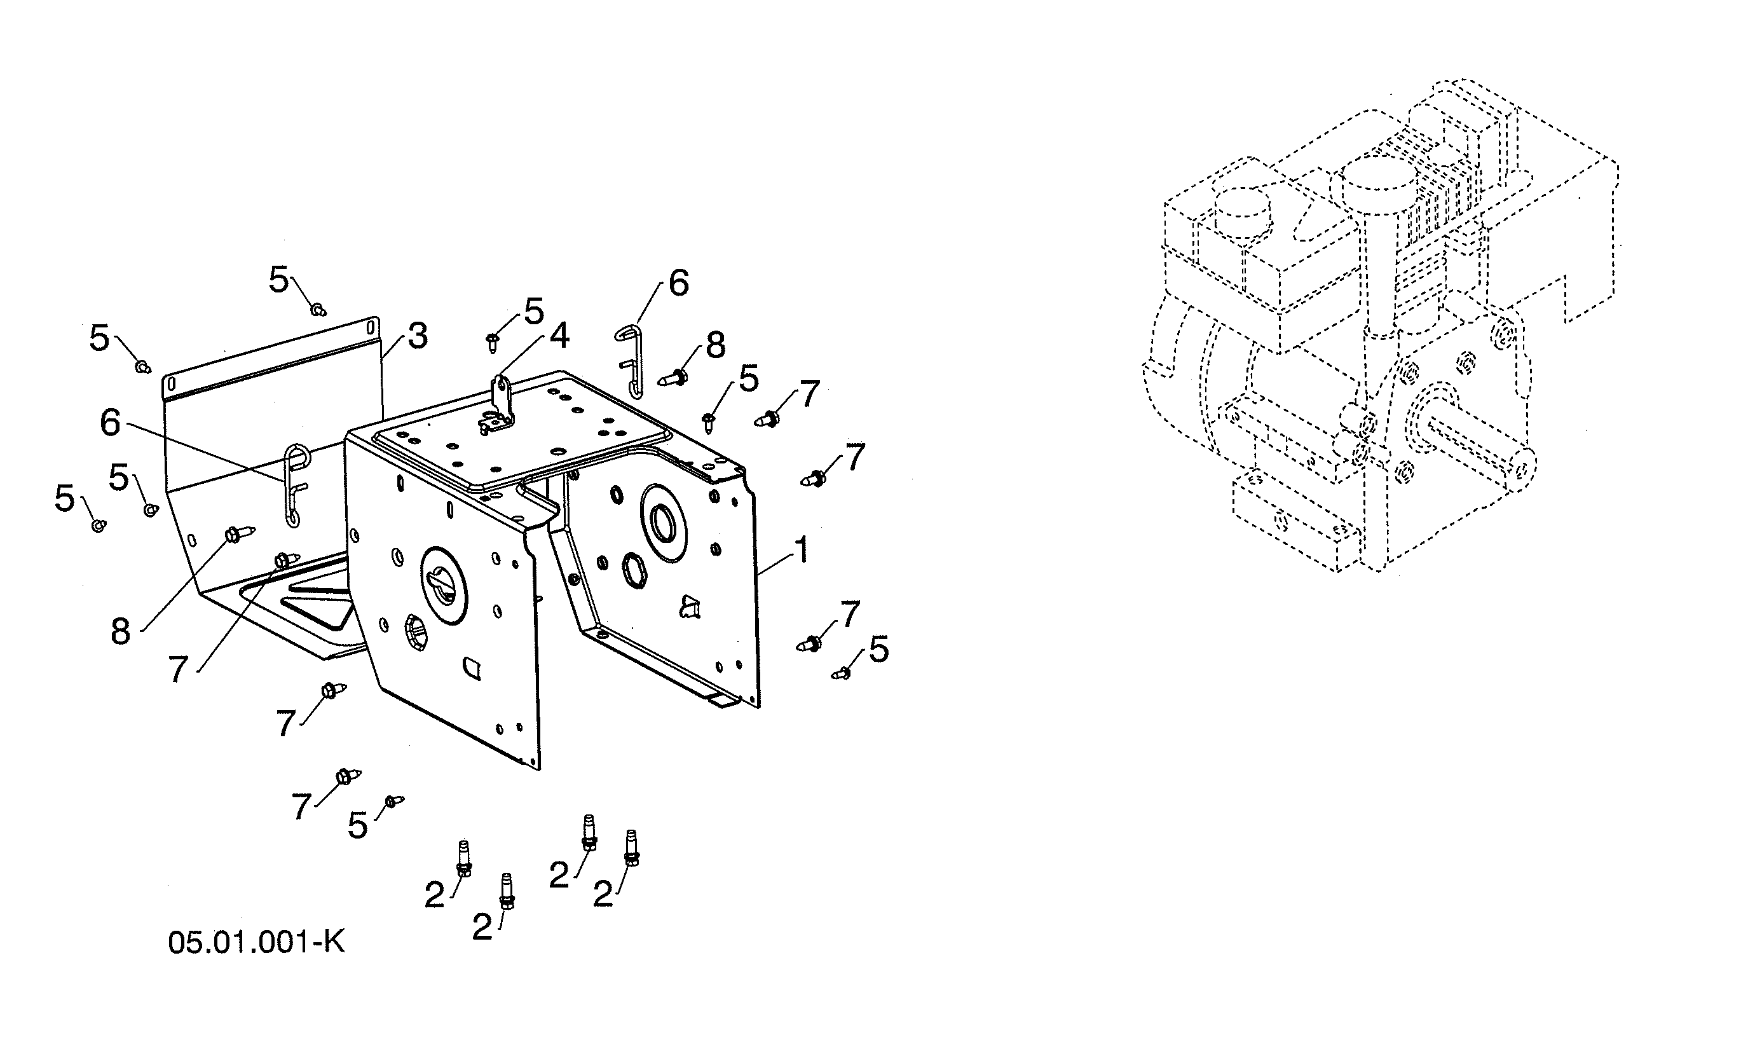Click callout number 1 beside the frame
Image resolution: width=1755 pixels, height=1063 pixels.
[802, 551]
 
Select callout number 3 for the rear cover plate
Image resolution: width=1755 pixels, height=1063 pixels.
[418, 336]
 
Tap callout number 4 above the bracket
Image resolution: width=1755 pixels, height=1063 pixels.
[559, 336]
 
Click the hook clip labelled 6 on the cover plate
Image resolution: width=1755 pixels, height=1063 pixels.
[294, 484]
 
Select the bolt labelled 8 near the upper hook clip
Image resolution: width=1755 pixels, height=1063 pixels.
[674, 376]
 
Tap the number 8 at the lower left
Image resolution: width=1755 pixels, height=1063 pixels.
[120, 631]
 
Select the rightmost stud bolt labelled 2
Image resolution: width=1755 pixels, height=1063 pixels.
[631, 848]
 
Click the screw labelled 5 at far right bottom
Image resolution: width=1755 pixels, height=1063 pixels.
[842, 672]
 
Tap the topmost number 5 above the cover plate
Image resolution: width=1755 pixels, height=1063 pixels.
[278, 280]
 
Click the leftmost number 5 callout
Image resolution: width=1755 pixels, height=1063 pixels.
[64, 498]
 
